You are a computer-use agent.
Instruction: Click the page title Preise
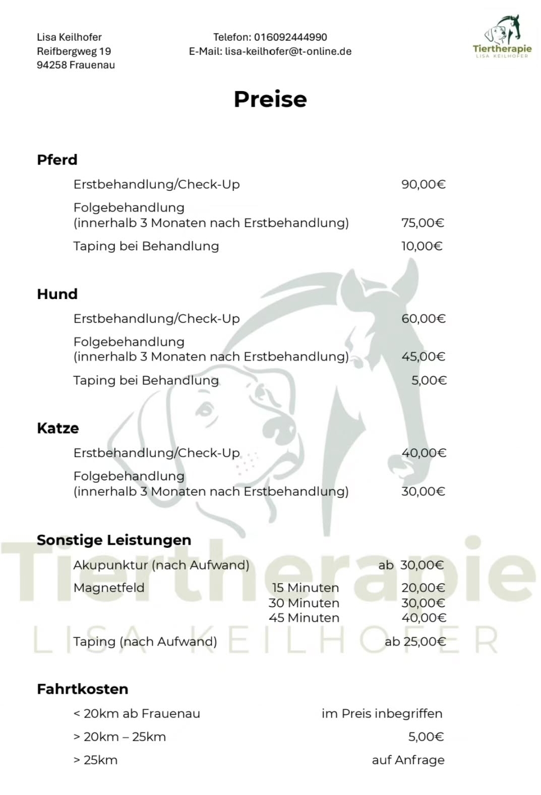[270, 99]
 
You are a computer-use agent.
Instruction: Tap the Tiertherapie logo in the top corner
[502, 37]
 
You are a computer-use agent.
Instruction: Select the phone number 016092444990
[290, 37]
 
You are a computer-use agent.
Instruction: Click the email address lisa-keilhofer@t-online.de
[288, 51]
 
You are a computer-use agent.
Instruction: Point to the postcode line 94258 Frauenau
[76, 65]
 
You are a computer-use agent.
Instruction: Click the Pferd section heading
[57, 160]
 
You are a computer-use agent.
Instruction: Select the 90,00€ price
[423, 184]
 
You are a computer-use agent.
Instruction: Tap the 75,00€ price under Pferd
[423, 223]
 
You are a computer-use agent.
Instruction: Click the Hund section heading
[57, 294]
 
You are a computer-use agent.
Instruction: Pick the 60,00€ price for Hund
[423, 319]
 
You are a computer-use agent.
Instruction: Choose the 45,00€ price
[423, 356]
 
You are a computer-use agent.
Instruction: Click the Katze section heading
[58, 428]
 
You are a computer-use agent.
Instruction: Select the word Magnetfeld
[109, 588]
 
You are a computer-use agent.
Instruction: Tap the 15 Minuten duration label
[305, 588]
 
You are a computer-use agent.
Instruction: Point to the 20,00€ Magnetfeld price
[423, 588]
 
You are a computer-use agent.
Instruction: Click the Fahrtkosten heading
[83, 689]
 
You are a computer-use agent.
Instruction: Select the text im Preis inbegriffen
[382, 713]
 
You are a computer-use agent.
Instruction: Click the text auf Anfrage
[408, 760]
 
